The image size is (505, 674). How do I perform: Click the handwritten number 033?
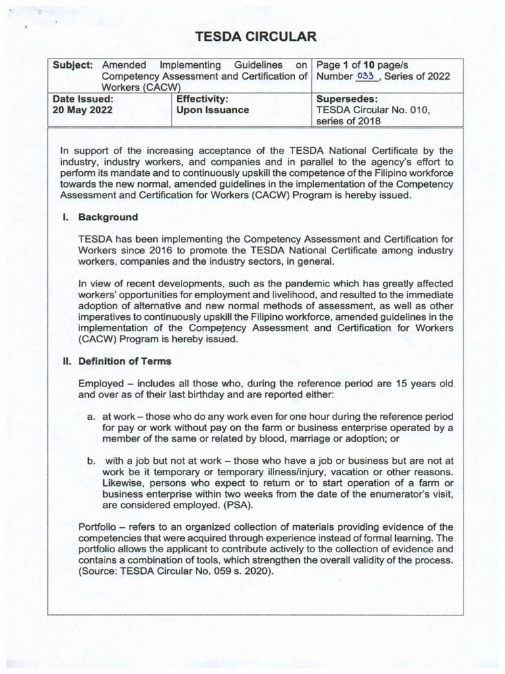[366, 76]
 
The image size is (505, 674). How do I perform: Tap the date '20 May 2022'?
[82, 110]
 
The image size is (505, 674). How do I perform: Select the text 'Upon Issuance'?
[212, 110]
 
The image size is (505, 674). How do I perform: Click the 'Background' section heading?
[108, 217]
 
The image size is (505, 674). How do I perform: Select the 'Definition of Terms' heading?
[125, 361]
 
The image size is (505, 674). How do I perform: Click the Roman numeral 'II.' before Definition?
[67, 361]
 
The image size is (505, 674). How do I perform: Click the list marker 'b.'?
[92, 461]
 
